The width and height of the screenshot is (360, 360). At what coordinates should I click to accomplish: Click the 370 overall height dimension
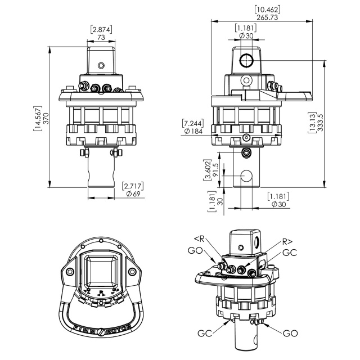click(46, 119)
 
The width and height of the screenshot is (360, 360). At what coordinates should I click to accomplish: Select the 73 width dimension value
click(101, 37)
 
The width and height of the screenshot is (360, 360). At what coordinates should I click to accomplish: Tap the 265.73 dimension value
click(267, 17)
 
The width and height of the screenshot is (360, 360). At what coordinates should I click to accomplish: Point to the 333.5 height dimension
click(320, 123)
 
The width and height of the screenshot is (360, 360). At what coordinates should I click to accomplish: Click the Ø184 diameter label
click(193, 131)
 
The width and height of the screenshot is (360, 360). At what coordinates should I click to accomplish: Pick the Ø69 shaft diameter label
click(133, 194)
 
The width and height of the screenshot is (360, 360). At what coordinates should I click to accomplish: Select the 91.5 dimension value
click(215, 170)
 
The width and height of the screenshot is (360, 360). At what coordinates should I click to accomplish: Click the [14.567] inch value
click(38, 119)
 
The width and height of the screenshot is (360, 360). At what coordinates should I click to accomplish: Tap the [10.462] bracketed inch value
click(267, 10)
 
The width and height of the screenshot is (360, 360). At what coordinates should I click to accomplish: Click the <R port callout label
click(199, 238)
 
